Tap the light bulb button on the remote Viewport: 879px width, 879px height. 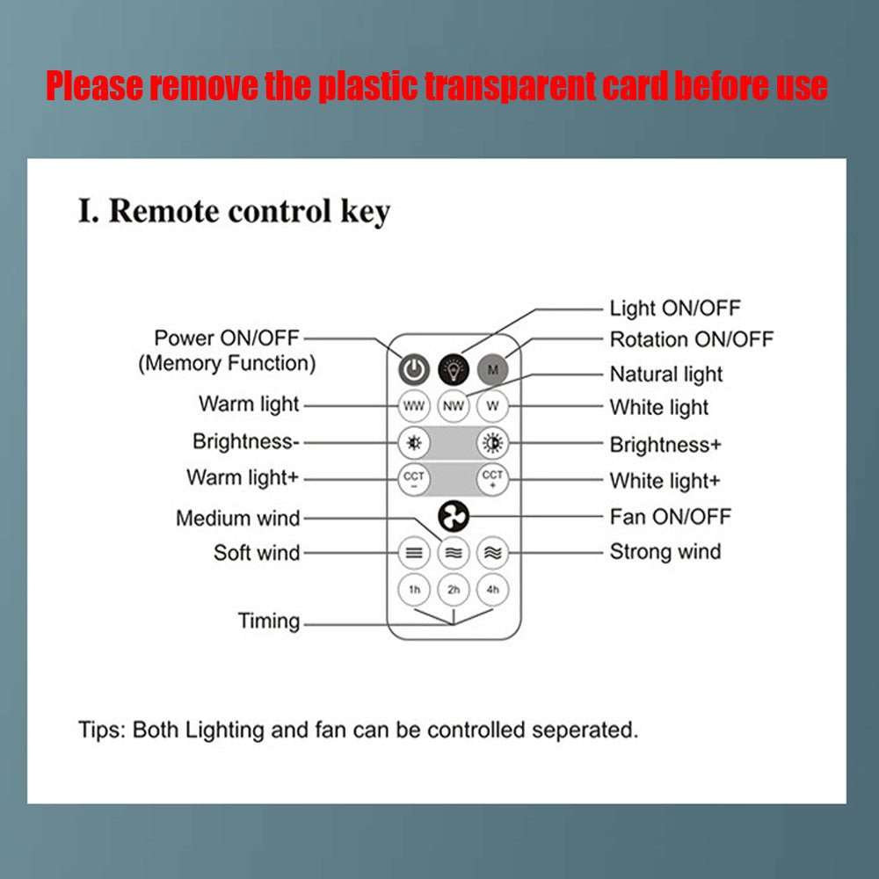click(x=454, y=368)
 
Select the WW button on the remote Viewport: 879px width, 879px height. click(x=414, y=407)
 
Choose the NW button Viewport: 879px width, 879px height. click(x=454, y=407)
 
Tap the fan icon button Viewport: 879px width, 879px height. click(x=454, y=517)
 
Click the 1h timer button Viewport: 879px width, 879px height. click(x=414, y=590)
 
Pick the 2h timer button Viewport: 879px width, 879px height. click(x=454, y=590)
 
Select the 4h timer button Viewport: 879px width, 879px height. click(x=492, y=590)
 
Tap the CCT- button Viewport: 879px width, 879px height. click(x=414, y=480)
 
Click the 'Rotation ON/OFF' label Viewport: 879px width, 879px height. click(x=692, y=340)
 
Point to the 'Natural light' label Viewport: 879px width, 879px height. click(x=665, y=374)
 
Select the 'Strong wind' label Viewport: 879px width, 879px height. click(x=665, y=552)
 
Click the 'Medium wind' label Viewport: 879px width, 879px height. click(x=237, y=519)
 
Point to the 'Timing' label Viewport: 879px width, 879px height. click(x=269, y=621)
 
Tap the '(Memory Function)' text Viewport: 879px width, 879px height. click(x=226, y=363)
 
